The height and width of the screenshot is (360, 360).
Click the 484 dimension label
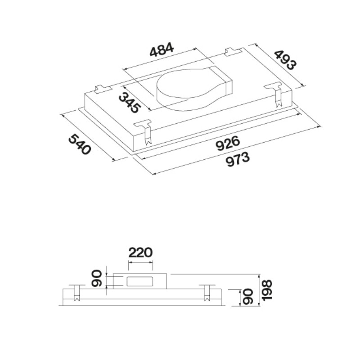(x=162, y=49)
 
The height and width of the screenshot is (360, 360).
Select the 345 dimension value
(x=129, y=103)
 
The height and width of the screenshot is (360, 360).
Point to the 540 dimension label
(x=80, y=144)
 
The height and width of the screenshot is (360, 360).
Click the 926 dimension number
(x=228, y=143)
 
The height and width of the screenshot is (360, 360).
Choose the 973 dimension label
(x=238, y=160)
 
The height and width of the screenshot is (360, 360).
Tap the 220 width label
(x=140, y=252)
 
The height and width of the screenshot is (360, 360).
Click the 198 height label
(x=267, y=290)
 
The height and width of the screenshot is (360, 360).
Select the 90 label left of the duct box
(x=96, y=279)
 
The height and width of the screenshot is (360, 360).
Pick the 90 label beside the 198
(x=247, y=297)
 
